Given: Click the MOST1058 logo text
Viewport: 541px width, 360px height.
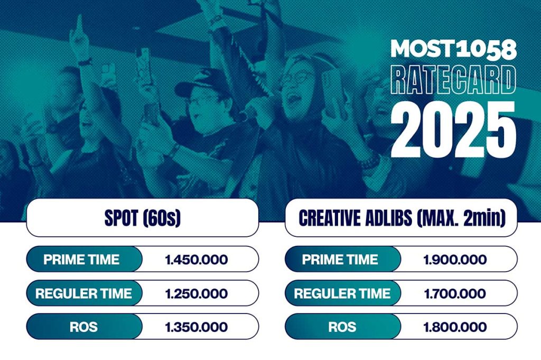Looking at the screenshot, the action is [453, 49].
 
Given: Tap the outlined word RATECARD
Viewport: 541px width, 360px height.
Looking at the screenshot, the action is [453, 80].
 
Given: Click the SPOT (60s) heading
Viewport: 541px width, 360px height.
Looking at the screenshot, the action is [143, 218].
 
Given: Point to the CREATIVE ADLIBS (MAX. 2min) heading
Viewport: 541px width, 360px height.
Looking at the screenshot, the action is [402, 218].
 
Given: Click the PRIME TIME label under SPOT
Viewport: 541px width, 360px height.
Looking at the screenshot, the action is [81, 260].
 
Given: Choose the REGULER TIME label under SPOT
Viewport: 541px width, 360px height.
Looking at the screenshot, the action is [83, 293].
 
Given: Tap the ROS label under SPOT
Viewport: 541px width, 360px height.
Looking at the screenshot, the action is [83, 327].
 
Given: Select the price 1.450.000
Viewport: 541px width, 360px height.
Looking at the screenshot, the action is [197, 260].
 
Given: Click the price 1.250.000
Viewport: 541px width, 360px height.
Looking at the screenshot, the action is [197, 293].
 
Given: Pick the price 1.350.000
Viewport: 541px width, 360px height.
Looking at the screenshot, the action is [197, 327].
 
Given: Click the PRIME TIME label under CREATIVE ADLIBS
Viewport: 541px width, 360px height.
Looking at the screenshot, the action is [340, 260].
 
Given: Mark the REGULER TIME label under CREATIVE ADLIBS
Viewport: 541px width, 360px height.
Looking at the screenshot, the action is [342, 293].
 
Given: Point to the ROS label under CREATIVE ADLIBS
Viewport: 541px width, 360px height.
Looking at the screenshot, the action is [342, 327].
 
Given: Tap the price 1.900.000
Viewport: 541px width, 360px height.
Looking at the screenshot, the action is [455, 260].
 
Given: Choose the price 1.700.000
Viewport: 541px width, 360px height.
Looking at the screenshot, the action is [455, 293].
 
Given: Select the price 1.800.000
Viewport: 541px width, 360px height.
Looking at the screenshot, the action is [455, 327].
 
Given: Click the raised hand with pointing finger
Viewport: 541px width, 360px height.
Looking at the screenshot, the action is [79, 38].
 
